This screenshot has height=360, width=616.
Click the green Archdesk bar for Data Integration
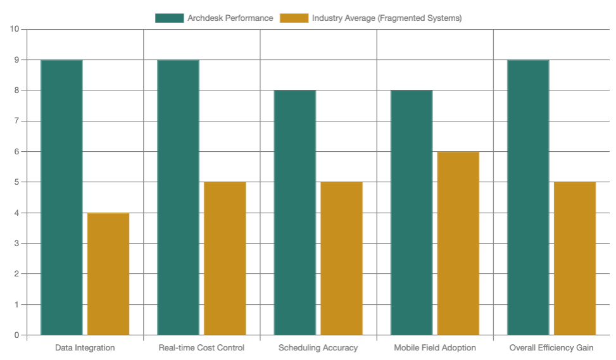pyautogui.click(x=61, y=197)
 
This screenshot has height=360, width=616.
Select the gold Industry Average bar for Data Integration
pyautogui.click(x=108, y=274)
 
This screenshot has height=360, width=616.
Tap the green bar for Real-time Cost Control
pyautogui.click(x=178, y=197)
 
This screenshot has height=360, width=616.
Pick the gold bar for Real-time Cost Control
pyautogui.click(x=225, y=259)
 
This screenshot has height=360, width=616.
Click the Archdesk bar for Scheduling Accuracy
pyautogui.click(x=294, y=213)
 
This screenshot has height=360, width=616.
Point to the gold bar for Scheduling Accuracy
pyautogui.click(x=341, y=259)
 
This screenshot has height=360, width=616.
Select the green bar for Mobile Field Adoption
pyautogui.click(x=412, y=213)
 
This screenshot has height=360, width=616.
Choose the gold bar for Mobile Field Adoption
pyautogui.click(x=458, y=244)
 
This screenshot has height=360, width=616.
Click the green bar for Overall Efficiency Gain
pyautogui.click(x=528, y=197)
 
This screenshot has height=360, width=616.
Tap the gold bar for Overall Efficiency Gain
pyautogui.click(x=575, y=259)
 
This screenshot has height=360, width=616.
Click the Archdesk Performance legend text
pyautogui.click(x=230, y=18)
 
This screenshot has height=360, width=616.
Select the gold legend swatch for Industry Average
pyautogui.click(x=294, y=18)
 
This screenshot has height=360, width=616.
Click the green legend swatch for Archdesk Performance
pyautogui.click(x=169, y=18)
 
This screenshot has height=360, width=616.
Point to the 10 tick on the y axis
pyautogui.click(x=15, y=29)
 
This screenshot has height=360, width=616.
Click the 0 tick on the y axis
pyautogui.click(x=16, y=335)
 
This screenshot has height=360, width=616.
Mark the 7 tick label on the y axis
pyautogui.click(x=16, y=121)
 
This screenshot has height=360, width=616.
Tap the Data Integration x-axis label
pyautogui.click(x=85, y=348)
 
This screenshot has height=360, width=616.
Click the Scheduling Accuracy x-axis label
pyautogui.click(x=318, y=348)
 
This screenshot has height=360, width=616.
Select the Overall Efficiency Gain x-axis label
pyautogui.click(x=551, y=348)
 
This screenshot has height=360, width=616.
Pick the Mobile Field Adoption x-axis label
pyautogui.click(x=434, y=348)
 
